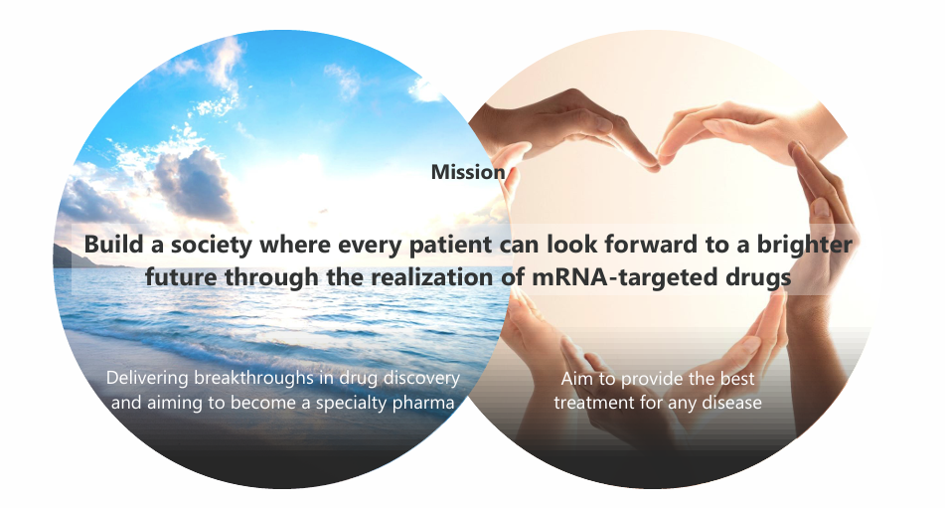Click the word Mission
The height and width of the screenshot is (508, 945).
468,172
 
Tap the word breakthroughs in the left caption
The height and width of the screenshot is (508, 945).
253,379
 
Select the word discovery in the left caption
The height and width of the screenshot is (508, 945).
422,379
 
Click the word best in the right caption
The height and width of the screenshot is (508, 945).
736,379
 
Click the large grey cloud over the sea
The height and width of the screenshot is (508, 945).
192,184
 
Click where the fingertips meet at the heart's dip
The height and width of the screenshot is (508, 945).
657,165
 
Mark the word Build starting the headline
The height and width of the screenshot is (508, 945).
114,245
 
